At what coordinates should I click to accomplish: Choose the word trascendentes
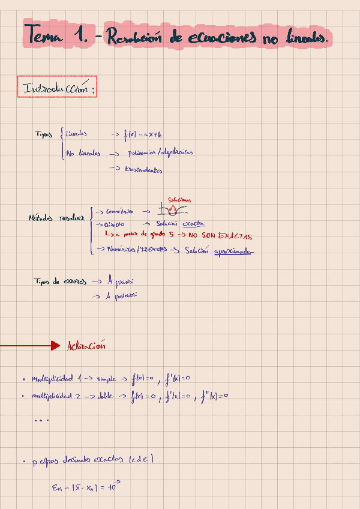click(144, 170)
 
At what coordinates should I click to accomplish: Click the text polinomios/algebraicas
click(161, 152)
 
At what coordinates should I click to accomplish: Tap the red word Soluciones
click(179, 200)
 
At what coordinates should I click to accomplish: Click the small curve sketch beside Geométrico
click(172, 210)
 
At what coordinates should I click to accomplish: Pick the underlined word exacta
click(193, 223)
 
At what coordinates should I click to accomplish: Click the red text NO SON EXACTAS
click(220, 235)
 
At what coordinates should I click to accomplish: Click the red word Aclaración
click(87, 345)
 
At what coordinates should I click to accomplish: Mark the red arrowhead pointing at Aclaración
click(55, 345)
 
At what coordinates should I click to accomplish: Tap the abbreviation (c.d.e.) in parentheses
click(140, 460)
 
